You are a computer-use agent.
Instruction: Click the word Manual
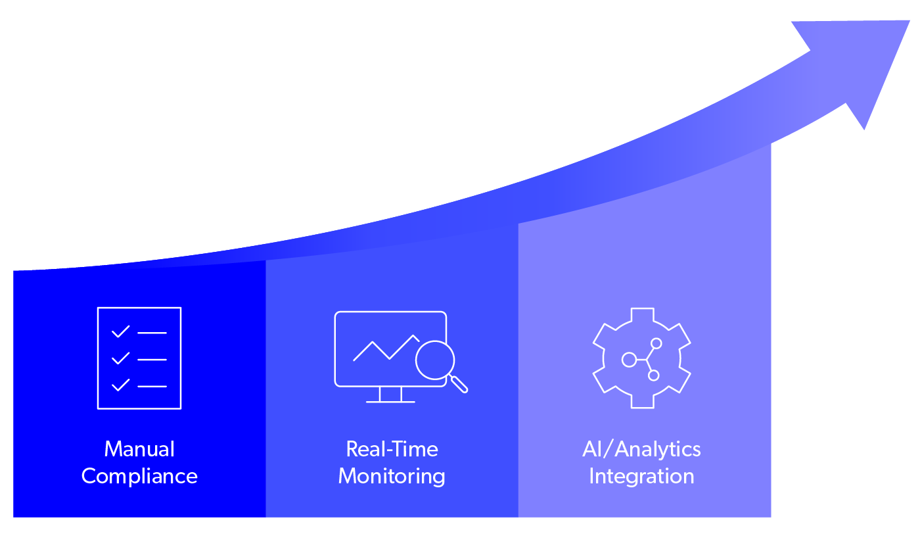coord(139,449)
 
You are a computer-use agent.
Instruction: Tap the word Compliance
coord(139,476)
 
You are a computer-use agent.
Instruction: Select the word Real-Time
coord(392,449)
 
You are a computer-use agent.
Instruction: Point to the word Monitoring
coord(392,476)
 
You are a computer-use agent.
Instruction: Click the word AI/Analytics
coord(641,449)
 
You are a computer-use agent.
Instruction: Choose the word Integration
coord(641,476)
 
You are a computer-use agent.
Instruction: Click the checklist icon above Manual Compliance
coord(139,358)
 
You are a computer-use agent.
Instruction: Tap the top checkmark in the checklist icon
coord(120,332)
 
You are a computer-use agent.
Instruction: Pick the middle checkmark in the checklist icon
coord(120,359)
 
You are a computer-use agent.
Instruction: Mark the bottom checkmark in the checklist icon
coord(120,385)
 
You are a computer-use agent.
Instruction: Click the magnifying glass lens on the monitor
coord(435,360)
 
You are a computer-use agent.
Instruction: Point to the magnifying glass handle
coord(459,384)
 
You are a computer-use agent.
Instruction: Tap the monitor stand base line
coord(390,401)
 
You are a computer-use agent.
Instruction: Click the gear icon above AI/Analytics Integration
coord(641,358)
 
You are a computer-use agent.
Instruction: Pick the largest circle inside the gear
coord(629,360)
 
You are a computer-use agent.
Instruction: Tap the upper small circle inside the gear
coord(656,343)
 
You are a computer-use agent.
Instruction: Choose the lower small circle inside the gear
coord(653,376)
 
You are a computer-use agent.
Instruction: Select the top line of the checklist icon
coord(152,333)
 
